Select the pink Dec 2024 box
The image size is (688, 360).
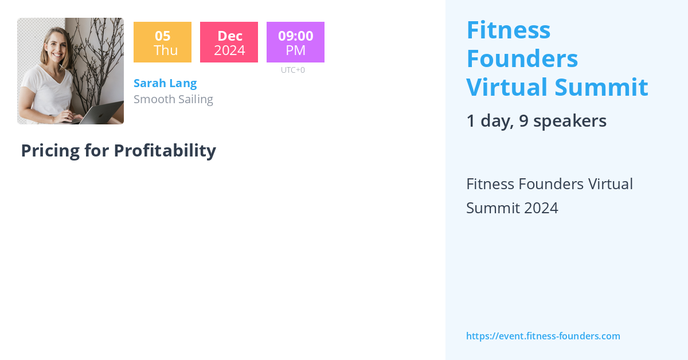pos(229,42)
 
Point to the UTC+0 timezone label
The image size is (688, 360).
pos(292,70)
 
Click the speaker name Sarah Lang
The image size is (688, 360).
pos(165,83)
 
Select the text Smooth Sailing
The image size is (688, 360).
pos(173,99)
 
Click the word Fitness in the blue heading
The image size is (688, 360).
pos(509,30)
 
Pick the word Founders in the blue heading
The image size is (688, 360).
pos(522,58)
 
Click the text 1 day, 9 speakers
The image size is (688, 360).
pos(536,121)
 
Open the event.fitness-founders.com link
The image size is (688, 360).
pos(543,336)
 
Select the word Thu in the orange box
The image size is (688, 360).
pos(166,50)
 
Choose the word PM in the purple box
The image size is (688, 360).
pos(295,50)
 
